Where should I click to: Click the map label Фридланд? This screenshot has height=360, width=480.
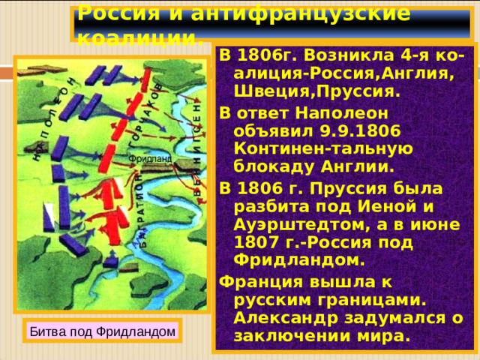[150, 158]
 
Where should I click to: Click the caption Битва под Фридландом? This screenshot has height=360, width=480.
[102, 330]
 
